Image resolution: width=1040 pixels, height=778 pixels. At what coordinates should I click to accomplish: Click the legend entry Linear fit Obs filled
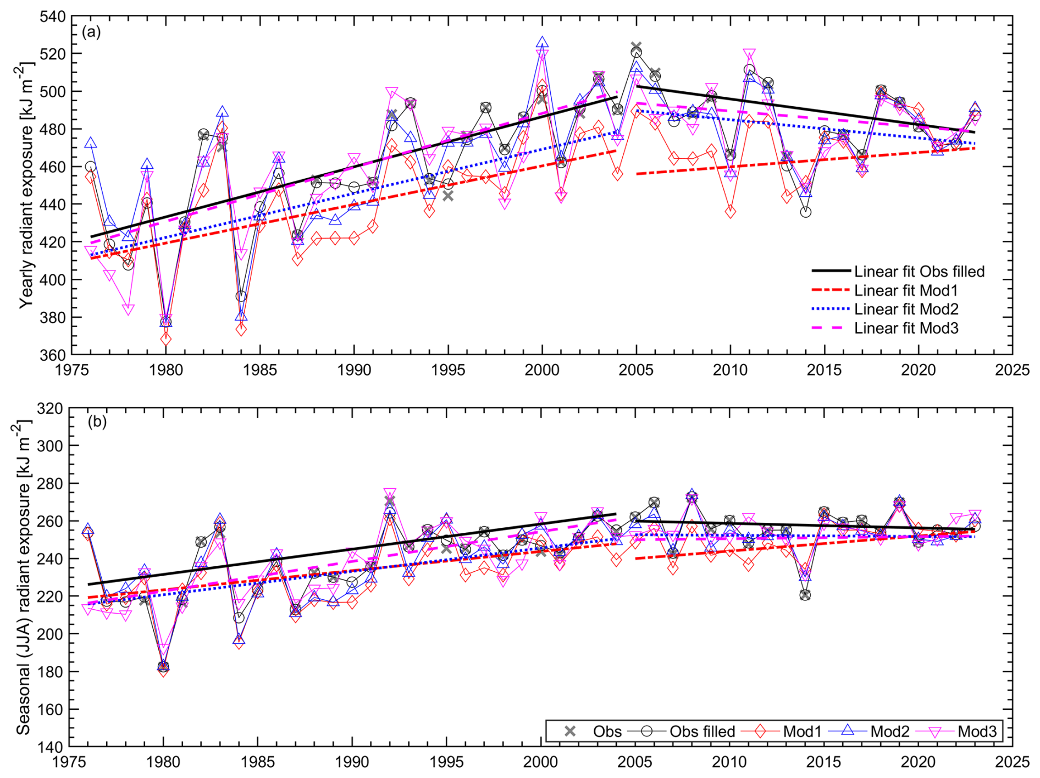(919, 272)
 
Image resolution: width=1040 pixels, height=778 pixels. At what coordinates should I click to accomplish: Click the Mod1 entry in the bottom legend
(802, 731)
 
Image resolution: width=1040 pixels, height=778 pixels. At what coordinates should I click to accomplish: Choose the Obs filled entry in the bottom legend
(702, 731)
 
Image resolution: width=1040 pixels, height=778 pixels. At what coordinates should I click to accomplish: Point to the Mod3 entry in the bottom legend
(977, 731)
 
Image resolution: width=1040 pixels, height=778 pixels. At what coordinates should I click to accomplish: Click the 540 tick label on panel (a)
(52, 16)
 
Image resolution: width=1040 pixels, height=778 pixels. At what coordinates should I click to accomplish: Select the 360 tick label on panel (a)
(52, 355)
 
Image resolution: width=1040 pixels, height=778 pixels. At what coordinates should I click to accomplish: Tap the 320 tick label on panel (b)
(50, 409)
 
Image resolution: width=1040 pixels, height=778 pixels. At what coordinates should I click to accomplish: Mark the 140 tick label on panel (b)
(50, 747)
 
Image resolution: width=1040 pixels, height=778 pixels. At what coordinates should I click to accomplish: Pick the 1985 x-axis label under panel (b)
(257, 762)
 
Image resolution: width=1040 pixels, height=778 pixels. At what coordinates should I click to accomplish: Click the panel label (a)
(91, 32)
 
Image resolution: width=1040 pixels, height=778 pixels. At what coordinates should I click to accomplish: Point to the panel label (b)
(97, 422)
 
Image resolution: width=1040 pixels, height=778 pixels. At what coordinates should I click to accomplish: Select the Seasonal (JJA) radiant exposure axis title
(23, 577)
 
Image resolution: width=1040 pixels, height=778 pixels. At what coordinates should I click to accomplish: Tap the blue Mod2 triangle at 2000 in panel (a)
(543, 42)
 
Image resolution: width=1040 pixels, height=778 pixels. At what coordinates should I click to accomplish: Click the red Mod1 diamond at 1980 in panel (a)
(165, 339)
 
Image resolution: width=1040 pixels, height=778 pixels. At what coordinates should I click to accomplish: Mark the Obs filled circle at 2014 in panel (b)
(805, 595)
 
